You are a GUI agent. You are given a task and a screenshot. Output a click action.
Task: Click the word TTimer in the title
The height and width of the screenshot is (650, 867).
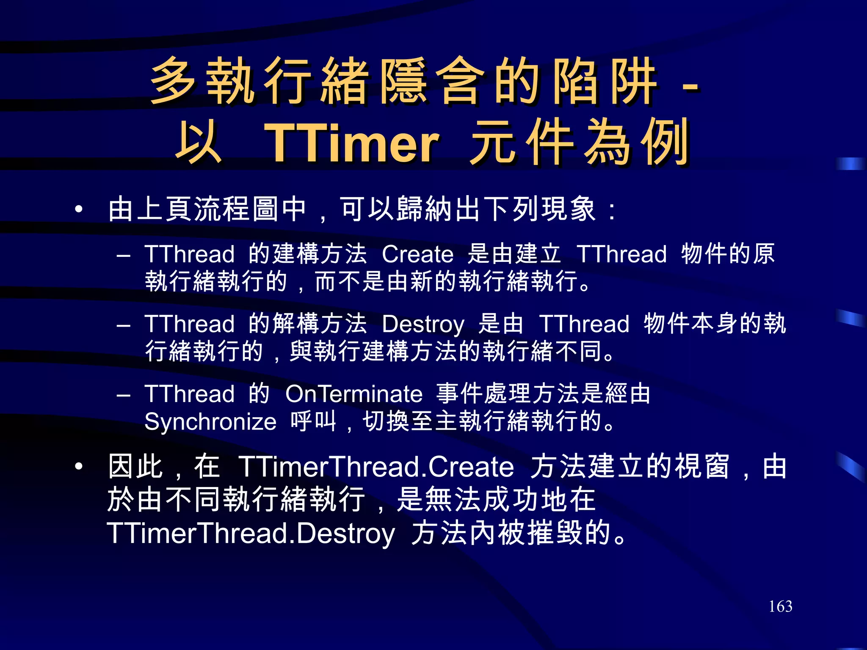coord(351,143)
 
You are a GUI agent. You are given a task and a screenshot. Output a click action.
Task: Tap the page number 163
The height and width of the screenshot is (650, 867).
coord(780,606)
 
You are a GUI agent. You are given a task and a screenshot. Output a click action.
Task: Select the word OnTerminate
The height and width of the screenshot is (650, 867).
coord(354,394)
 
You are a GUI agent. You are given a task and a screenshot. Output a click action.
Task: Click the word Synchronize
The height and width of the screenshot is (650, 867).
coord(210,422)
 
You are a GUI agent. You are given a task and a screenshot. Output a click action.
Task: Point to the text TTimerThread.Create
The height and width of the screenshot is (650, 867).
coord(376,467)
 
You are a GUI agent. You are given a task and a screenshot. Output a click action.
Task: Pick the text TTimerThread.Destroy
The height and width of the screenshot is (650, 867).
coord(251,533)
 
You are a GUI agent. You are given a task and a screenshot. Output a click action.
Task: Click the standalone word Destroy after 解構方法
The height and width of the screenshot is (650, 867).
coord(423,325)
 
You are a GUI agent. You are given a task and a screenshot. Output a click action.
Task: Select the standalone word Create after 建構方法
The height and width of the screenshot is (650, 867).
coord(417,255)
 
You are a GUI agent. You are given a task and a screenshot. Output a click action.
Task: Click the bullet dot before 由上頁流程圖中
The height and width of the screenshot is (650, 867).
coord(78,209)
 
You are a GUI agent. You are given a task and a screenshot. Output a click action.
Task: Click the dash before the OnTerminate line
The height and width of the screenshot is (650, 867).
coord(123,395)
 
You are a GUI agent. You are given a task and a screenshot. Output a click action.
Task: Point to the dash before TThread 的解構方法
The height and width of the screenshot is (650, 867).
coord(123,325)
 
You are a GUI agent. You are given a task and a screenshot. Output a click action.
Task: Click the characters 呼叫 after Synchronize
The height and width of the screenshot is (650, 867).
coord(313,421)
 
